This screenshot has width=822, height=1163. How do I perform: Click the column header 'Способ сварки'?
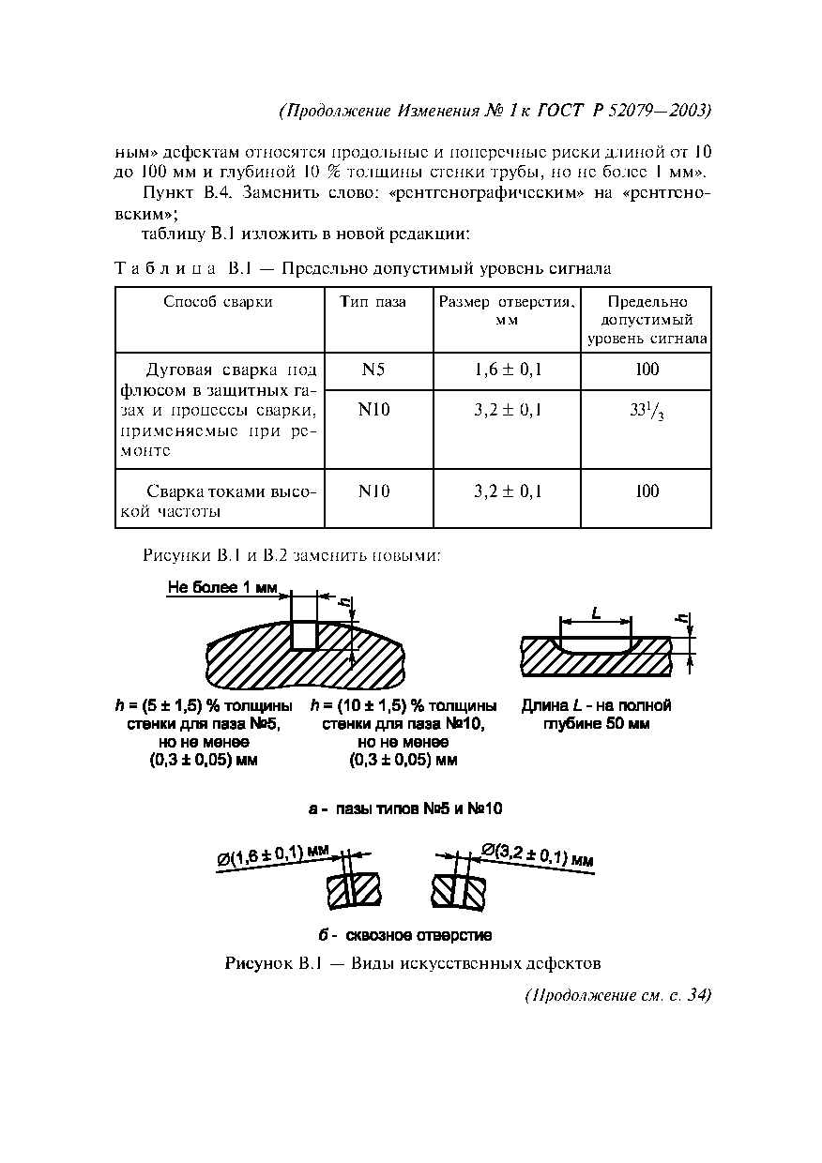coord(218,302)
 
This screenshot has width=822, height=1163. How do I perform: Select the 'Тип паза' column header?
coord(373,302)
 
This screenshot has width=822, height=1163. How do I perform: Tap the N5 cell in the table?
coord(373,370)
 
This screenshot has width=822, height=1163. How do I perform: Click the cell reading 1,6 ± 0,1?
coord(509,370)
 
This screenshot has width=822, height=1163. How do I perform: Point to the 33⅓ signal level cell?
coord(647,412)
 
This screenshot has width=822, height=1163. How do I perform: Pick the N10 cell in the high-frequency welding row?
coord(373,491)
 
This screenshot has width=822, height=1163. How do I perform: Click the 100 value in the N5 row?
coord(647,370)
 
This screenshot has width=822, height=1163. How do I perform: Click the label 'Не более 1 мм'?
coord(223,588)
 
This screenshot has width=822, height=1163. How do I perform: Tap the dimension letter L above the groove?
coord(596,612)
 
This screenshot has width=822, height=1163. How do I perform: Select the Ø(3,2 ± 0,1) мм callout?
coord(537,855)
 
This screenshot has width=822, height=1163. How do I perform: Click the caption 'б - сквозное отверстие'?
coord(404,935)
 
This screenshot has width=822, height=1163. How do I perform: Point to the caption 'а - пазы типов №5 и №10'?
coord(410,808)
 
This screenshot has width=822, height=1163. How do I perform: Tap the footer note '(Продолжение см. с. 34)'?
coord(616,995)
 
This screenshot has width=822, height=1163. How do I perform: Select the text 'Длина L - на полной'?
coord(596,705)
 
